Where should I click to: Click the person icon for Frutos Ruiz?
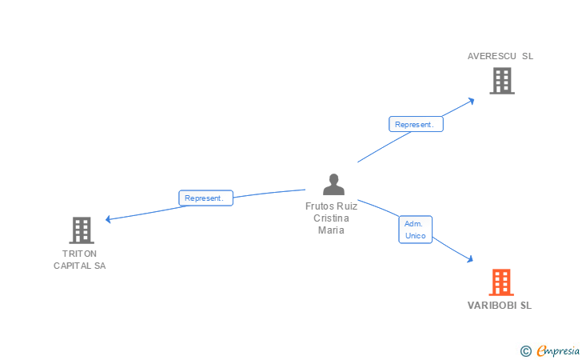coord(333,184)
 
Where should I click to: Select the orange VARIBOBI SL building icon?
coord(501,282)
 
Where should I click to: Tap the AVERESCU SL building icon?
coord(501,80)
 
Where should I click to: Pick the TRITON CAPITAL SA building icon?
coord(82,230)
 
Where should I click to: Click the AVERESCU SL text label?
coord(500,56)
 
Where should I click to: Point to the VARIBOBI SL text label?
coord(500,305)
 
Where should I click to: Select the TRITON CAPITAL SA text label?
coord(79,259)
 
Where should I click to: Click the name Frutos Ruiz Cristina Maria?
coord(331,218)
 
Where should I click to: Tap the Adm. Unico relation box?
coord(415,230)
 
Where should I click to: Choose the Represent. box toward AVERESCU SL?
coord(416,124)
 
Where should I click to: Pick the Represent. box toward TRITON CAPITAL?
coord(205,198)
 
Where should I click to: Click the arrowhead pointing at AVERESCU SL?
coord(472,101)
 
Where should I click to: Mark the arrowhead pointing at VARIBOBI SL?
coord(470,258)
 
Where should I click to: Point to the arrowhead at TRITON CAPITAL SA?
coord(109,219)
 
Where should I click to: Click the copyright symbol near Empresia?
coord(525,350)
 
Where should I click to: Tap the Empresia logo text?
coord(558,350)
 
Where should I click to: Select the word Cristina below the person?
coord(331,218)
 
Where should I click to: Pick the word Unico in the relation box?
coord(415,236)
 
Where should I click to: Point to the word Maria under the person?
coord(331,230)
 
